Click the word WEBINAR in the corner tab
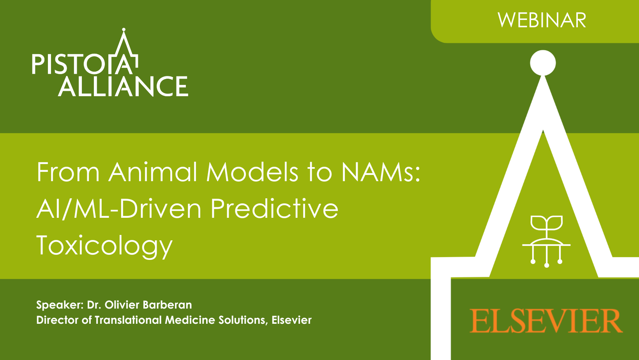[x=542, y=20]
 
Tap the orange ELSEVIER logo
[x=546, y=321]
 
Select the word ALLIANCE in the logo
[x=123, y=86]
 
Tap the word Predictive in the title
[x=274, y=208]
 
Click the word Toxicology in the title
[x=104, y=246]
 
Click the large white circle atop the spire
[x=543, y=63]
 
